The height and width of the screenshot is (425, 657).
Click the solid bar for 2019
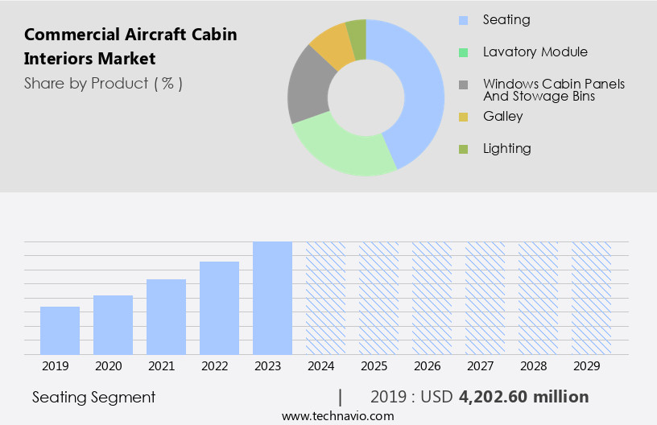[60, 330]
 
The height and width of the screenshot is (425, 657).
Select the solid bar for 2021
[166, 316]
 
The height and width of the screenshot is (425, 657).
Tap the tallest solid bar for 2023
[272, 298]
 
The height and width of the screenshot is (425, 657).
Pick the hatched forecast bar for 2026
[432, 298]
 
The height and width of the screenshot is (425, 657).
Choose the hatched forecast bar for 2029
[591, 298]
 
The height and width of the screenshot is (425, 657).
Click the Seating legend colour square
[463, 19]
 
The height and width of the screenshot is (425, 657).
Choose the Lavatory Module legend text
[535, 52]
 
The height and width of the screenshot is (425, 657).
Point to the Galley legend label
[503, 116]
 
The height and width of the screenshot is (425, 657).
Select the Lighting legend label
[507, 148]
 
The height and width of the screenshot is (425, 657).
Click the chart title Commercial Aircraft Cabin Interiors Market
[130, 47]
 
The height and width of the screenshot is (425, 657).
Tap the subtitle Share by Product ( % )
[103, 83]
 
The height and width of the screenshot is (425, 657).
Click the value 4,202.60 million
[524, 397]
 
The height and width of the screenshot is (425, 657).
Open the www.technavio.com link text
[337, 416]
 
